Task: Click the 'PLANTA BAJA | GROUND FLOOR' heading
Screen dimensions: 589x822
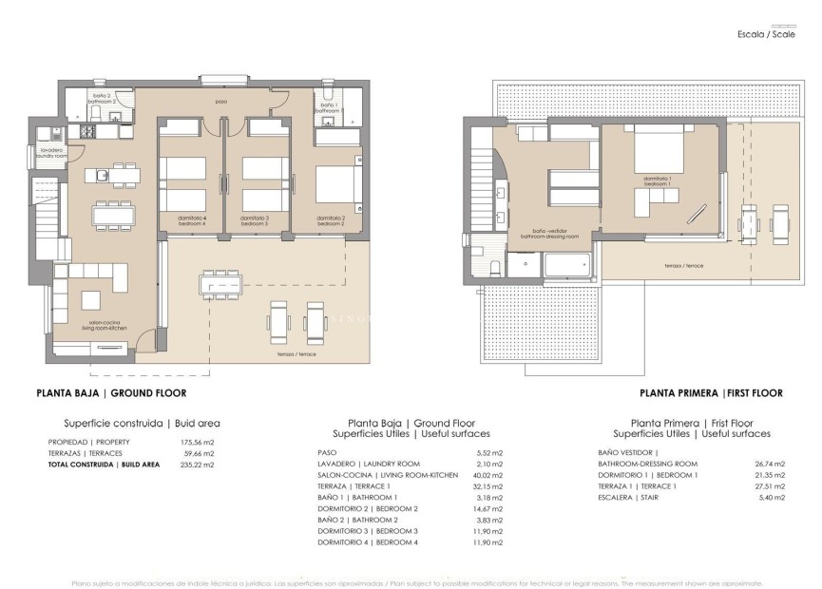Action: [x=110, y=392]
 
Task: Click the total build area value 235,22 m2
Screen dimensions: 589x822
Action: [x=198, y=465]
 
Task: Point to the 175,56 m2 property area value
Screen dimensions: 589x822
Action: [x=198, y=442]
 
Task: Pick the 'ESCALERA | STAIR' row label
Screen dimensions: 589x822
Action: [x=628, y=497]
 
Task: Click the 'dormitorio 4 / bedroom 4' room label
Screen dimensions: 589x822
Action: [x=191, y=221]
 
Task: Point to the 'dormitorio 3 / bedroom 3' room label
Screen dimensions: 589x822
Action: [x=255, y=221]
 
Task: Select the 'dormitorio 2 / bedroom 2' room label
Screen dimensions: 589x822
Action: [x=330, y=221]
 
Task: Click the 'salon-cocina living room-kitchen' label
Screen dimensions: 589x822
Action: [x=105, y=325]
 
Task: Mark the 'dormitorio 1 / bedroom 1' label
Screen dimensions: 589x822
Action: [x=658, y=180]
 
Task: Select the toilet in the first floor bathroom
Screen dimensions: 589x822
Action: [x=493, y=267]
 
